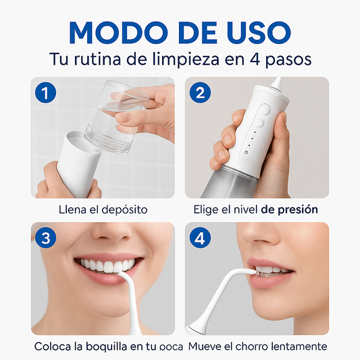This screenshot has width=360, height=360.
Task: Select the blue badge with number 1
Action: (x=45, y=94)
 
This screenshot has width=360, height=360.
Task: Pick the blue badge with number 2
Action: (x=199, y=94)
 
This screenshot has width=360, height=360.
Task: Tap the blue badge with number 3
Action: (x=45, y=238)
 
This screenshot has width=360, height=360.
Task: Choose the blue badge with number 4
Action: (x=199, y=238)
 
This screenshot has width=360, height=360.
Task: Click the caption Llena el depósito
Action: (x=103, y=210)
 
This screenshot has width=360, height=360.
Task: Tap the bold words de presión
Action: (x=289, y=210)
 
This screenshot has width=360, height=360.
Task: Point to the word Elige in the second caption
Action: (x=205, y=210)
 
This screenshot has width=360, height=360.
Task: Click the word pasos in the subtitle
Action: (x=287, y=59)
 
